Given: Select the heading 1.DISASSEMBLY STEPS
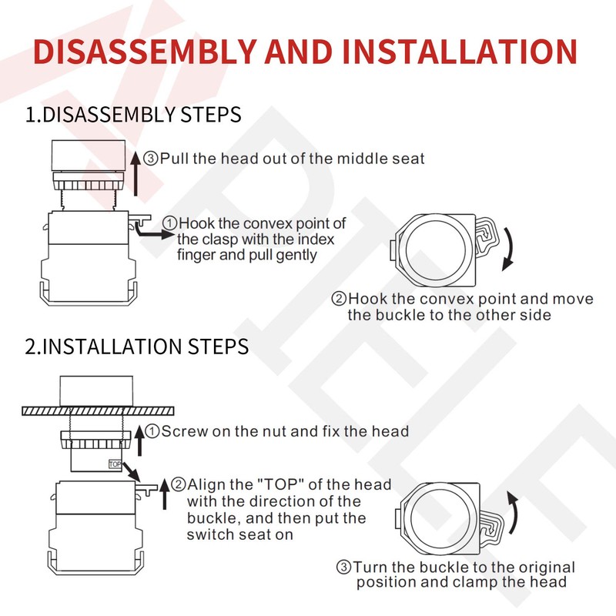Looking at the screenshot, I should [x=133, y=115].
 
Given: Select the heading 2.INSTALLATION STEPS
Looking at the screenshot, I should [x=137, y=346].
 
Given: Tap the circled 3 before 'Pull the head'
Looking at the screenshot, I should [x=151, y=159].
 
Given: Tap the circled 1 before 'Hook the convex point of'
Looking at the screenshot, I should [x=169, y=224].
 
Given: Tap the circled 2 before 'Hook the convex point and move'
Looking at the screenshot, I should [x=339, y=299].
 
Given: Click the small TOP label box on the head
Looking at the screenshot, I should [x=115, y=464].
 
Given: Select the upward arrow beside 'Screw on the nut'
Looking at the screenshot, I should [x=139, y=439].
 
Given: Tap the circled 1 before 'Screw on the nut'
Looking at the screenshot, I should [x=152, y=431].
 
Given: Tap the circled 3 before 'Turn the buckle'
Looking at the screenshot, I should [x=344, y=567].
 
